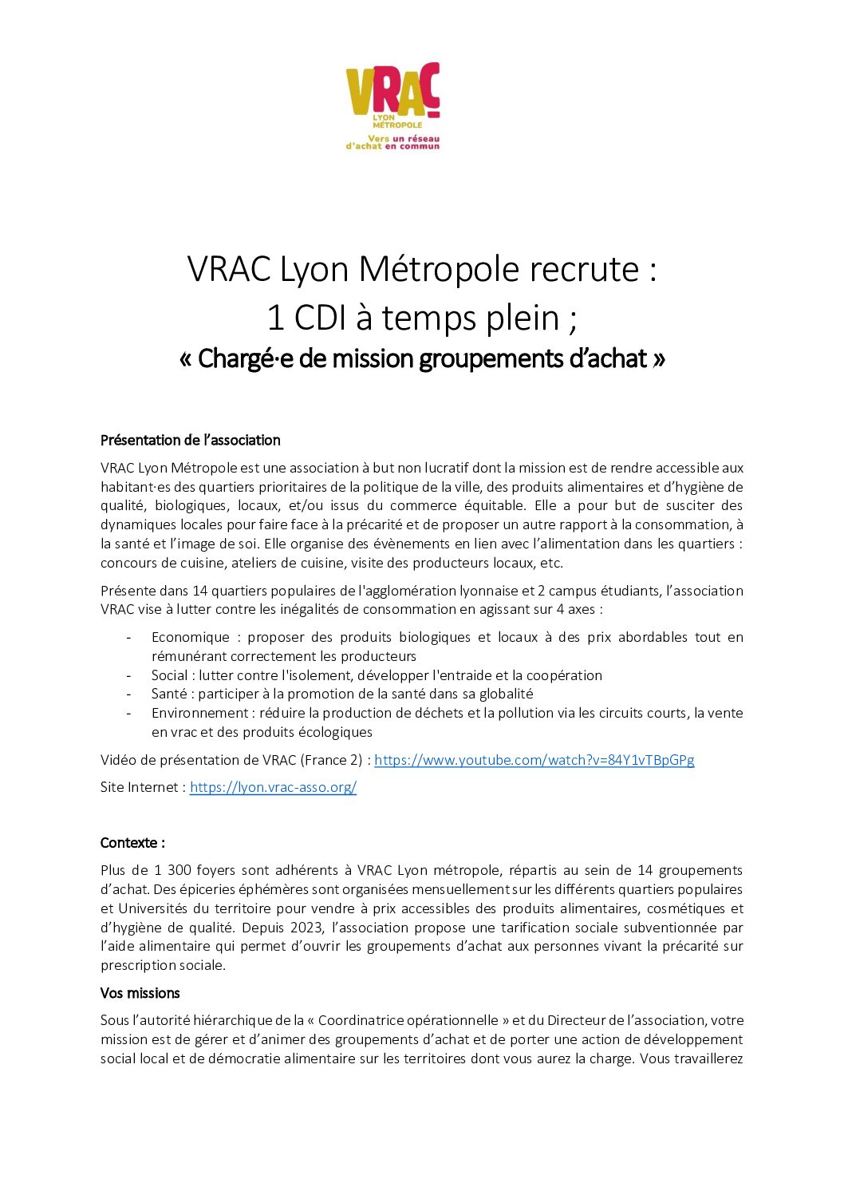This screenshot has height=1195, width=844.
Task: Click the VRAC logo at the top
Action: (x=392, y=105)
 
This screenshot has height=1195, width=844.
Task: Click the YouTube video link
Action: (x=534, y=760)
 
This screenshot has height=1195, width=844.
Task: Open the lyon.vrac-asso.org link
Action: (x=273, y=787)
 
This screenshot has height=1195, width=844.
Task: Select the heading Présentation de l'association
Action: (x=190, y=440)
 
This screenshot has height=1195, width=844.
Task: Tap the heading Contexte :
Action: (x=132, y=843)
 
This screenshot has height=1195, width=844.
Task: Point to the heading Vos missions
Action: (x=140, y=993)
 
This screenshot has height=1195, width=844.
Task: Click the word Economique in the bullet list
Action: (x=190, y=637)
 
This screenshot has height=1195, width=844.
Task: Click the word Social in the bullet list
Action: (x=169, y=675)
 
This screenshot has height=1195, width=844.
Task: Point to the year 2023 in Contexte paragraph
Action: (x=308, y=928)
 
